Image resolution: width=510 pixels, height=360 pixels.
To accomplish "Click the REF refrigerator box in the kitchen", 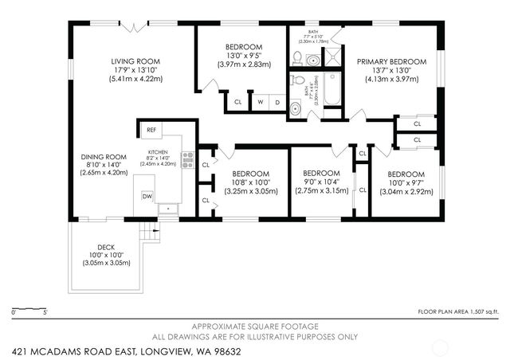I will (151, 129).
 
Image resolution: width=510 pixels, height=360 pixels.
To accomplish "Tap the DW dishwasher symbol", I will (147, 196).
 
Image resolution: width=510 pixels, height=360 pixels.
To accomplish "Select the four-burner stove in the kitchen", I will (188, 160).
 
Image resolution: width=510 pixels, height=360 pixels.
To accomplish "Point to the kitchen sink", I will (167, 209).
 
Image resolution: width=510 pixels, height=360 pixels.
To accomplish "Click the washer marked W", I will (260, 102).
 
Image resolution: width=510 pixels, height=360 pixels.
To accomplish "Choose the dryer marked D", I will (277, 102).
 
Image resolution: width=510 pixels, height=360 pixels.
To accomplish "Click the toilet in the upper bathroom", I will (297, 58).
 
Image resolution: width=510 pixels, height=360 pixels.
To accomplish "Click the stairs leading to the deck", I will (149, 232).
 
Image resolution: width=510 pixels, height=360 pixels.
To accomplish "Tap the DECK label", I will (107, 247).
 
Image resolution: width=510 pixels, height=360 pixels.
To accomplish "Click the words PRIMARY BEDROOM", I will (390, 61).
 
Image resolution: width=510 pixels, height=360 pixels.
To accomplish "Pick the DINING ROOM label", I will (104, 156).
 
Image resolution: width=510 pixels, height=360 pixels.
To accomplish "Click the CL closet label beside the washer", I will (237, 102).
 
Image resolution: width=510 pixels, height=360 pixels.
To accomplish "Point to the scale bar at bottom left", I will (29, 307).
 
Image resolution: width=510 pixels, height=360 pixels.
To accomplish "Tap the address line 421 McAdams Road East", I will (127, 350).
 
